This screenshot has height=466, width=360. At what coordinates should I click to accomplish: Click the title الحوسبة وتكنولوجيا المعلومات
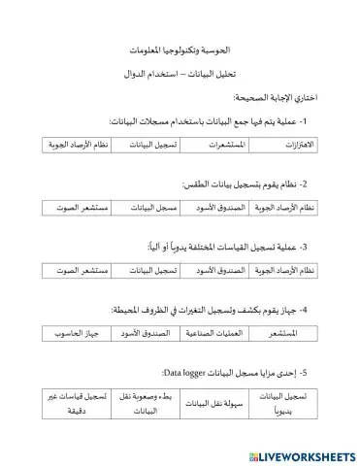click(x=180, y=48)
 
